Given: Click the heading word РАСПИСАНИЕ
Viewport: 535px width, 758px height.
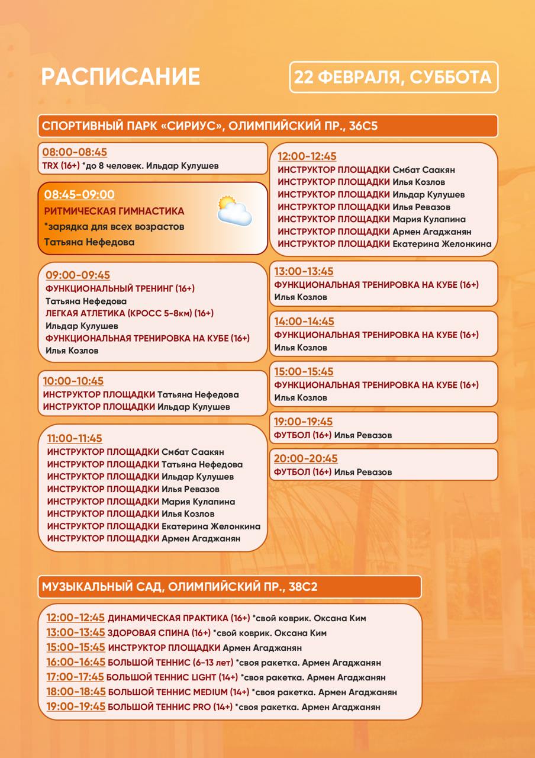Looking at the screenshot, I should pyautogui.click(x=120, y=77).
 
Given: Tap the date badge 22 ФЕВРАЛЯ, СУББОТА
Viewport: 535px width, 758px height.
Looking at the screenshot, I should pyautogui.click(x=394, y=78).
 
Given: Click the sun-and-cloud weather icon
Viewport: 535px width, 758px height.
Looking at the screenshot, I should pyautogui.click(x=234, y=211).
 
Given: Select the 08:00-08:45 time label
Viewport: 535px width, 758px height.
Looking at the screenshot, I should pyautogui.click(x=75, y=152).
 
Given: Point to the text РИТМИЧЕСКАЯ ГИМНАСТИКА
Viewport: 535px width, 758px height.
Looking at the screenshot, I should pyautogui.click(x=114, y=211).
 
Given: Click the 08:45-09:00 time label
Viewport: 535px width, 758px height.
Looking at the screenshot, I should pyautogui.click(x=79, y=194).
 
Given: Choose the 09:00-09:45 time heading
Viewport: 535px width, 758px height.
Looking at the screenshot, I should pyautogui.click(x=78, y=275).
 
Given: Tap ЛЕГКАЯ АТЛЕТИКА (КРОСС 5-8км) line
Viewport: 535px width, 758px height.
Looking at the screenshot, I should pyautogui.click(x=130, y=313).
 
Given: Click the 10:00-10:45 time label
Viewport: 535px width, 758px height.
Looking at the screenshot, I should pyautogui.click(x=73, y=381).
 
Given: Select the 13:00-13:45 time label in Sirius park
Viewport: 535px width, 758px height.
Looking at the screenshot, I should pyautogui.click(x=304, y=271).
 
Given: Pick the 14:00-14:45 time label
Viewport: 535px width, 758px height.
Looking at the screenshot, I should pyautogui.click(x=304, y=322).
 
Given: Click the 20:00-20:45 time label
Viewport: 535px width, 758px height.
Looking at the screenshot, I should pyautogui.click(x=305, y=459).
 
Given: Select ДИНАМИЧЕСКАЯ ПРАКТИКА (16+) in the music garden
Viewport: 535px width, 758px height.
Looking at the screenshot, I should pyautogui.click(x=179, y=618).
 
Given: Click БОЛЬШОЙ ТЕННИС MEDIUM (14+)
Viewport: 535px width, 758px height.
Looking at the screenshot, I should pyautogui.click(x=178, y=692).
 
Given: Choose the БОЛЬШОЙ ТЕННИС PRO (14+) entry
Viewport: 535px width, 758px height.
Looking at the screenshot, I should pyautogui.click(x=170, y=707).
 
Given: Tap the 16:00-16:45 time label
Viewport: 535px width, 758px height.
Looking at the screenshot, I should pyautogui.click(x=76, y=663).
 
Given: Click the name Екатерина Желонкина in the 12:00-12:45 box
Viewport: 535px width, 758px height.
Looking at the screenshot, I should pyautogui.click(x=441, y=244).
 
